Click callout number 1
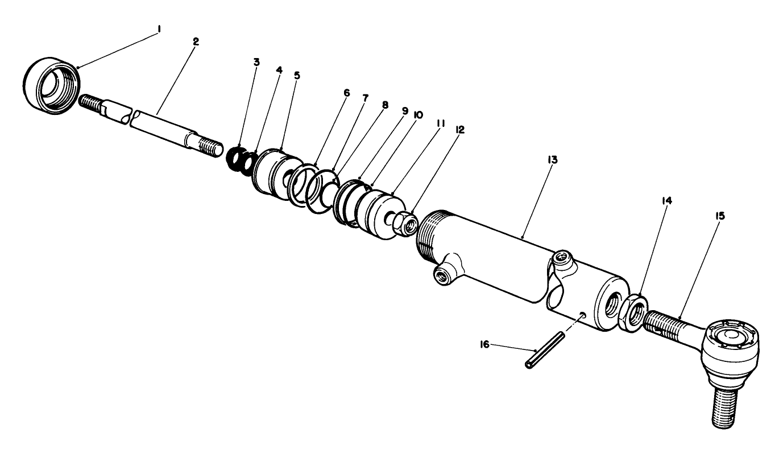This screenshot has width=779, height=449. point(159,28)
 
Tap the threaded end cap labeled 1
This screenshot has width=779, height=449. point(51,85)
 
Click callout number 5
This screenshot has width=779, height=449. point(297,75)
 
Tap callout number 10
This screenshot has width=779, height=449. point(418,114)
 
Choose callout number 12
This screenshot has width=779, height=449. point(459,130)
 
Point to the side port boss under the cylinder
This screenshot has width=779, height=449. point(447,271)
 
